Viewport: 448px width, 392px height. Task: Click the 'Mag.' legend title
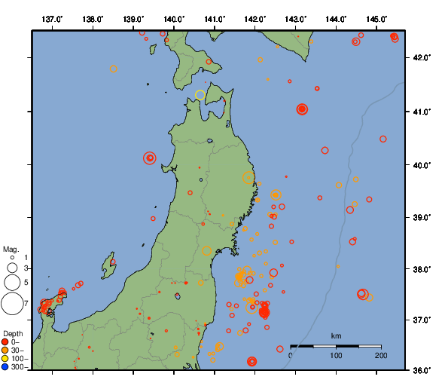[11, 249]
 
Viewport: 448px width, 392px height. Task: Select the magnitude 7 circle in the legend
[12, 304]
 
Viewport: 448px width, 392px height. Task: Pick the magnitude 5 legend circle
[12, 283]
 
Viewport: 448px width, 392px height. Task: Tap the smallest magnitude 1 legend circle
[12, 256]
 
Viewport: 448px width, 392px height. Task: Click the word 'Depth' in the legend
[13, 332]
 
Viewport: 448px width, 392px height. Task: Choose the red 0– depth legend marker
[5, 341]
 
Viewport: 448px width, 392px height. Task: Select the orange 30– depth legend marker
[5, 350]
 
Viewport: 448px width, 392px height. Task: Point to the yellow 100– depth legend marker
[5, 359]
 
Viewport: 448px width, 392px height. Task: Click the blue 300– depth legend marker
[5, 367]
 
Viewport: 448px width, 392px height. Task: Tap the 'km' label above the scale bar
[336, 335]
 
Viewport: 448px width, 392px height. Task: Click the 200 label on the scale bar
[381, 355]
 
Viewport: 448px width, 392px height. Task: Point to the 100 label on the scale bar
[336, 355]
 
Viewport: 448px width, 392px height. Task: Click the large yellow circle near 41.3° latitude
[200, 95]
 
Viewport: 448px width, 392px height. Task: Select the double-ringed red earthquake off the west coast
[150, 158]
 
